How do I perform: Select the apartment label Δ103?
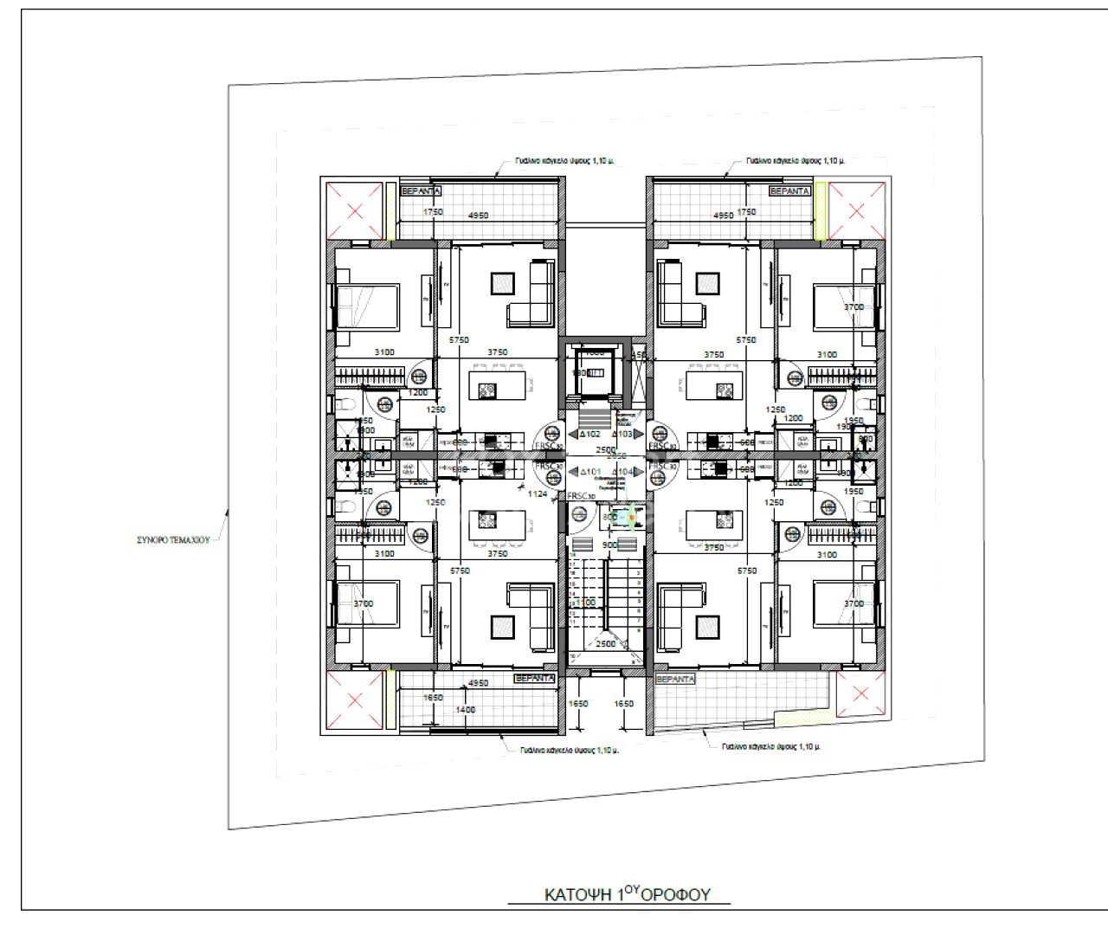click(x=623, y=434)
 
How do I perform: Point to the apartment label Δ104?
click(x=623, y=472)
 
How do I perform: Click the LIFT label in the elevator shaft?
click(x=596, y=372)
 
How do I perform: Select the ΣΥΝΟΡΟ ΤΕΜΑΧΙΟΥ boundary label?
click(x=173, y=539)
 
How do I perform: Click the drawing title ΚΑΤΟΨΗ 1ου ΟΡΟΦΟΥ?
click(x=628, y=894)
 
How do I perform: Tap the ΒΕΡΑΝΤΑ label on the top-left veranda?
click(x=422, y=190)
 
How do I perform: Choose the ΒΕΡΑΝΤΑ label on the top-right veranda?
click(x=789, y=190)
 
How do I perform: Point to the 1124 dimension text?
click(x=538, y=493)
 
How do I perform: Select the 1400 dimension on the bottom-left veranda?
click(x=465, y=710)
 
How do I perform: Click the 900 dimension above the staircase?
click(x=609, y=545)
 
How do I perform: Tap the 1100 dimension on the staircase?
click(x=587, y=603)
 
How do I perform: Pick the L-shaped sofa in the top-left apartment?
click(x=531, y=294)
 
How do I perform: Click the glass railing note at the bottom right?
click(x=770, y=746)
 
